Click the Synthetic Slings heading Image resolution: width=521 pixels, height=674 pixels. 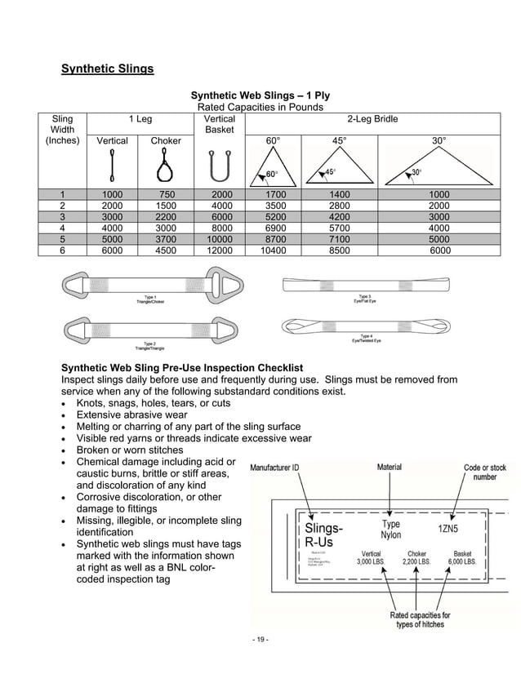[108, 69]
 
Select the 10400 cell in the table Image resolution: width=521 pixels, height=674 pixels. [274, 251]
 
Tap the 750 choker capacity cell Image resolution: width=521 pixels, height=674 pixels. [166, 194]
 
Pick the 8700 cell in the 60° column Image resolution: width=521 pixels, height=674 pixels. [274, 240]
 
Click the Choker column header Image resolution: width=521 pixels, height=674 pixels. [166, 140]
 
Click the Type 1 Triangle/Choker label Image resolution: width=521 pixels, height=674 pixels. [150, 299]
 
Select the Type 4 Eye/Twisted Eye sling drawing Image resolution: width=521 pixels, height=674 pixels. [366, 326]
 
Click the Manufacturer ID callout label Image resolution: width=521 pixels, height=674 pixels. [274, 468]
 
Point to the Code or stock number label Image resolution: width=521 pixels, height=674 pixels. [484, 472]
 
